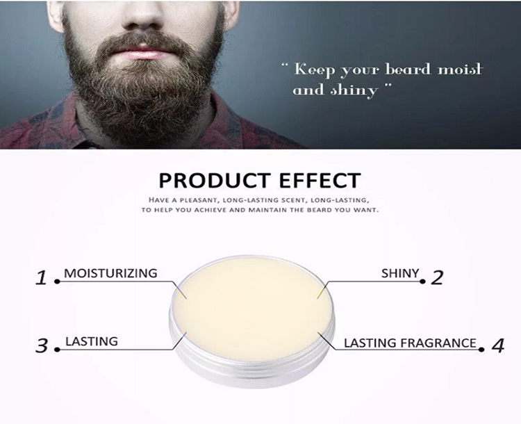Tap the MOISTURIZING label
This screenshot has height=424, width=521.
pyautogui.click(x=111, y=273)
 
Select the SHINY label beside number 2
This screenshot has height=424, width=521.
pyautogui.click(x=401, y=273)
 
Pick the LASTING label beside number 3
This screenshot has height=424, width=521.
pyautogui.click(x=92, y=341)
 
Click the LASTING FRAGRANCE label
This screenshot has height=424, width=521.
pyautogui.click(x=411, y=343)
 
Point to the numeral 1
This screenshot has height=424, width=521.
pyautogui.click(x=42, y=279)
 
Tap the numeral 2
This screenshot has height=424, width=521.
pyautogui.click(x=437, y=278)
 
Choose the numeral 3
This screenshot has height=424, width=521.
pyautogui.click(x=42, y=345)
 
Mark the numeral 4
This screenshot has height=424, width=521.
pyautogui.click(x=497, y=345)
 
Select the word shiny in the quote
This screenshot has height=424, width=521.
pyautogui.click(x=355, y=90)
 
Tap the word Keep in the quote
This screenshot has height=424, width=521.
pyautogui.click(x=312, y=70)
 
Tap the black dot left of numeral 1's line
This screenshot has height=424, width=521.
pyautogui.click(x=57, y=282)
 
